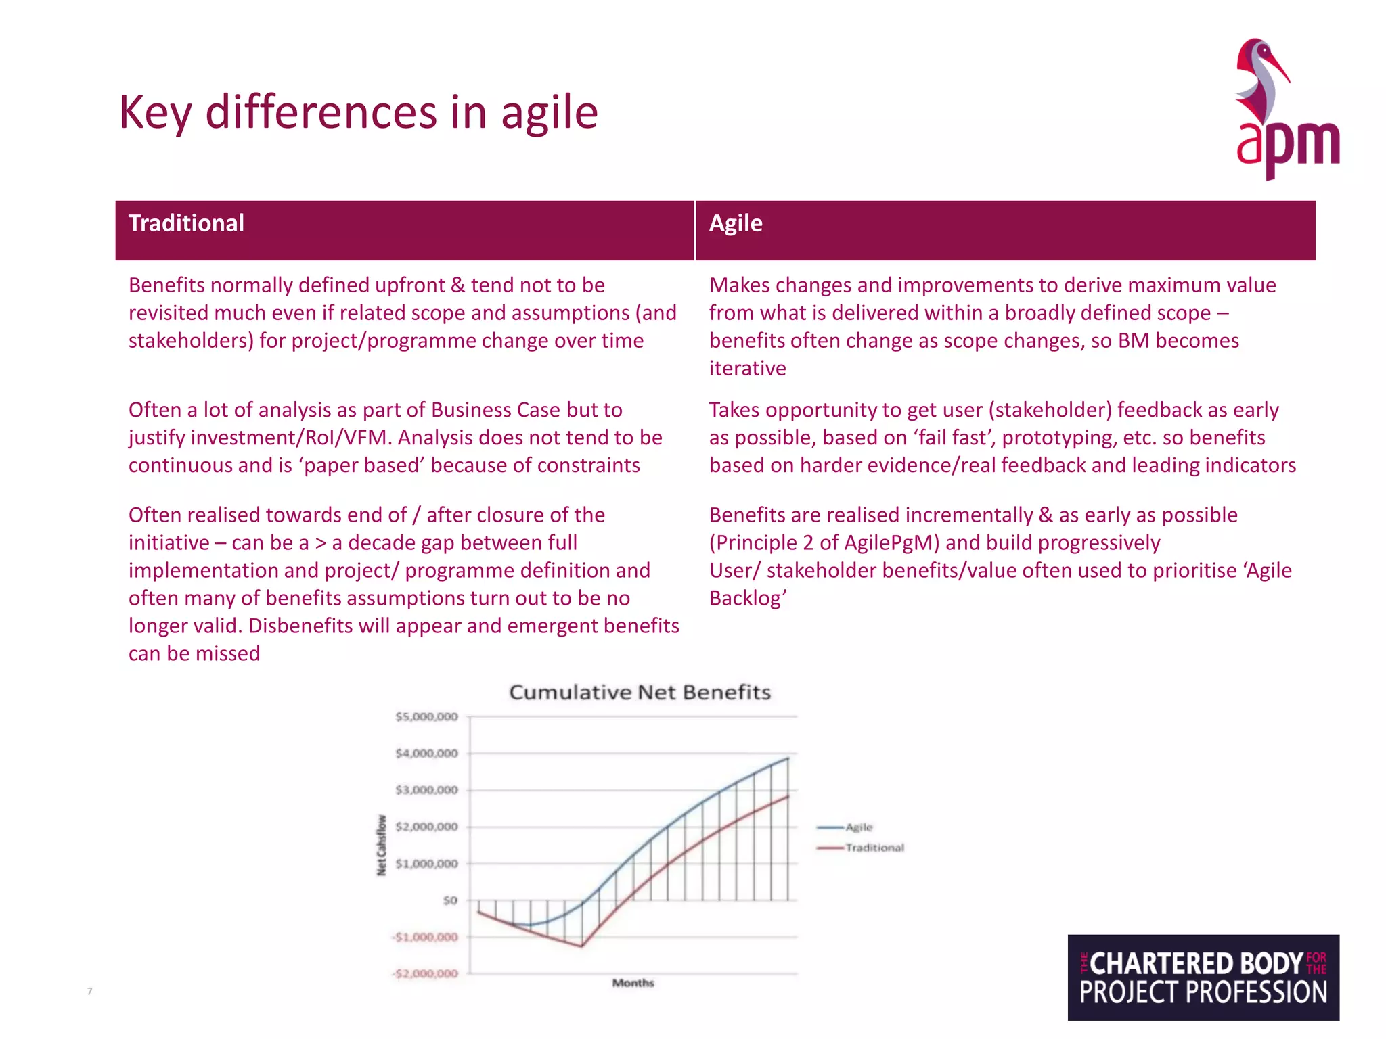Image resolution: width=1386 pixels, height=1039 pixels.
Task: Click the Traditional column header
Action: click(186, 224)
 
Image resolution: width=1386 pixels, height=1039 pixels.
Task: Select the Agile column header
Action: click(736, 224)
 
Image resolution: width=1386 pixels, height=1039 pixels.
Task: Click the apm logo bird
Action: click(1261, 81)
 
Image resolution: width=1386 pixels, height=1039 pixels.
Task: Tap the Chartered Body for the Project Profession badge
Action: click(1203, 977)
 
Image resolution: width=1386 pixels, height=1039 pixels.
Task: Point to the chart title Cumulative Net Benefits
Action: click(640, 693)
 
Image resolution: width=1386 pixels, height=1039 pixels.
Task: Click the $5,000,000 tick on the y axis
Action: click(427, 717)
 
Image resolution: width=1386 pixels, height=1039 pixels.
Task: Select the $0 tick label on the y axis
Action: click(450, 901)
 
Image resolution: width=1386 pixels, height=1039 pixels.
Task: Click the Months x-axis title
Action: click(633, 983)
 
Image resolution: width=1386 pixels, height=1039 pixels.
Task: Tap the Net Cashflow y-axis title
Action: click(382, 845)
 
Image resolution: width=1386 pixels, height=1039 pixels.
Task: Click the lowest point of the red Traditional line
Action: click(582, 946)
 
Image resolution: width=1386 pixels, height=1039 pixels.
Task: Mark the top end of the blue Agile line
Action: click(788, 758)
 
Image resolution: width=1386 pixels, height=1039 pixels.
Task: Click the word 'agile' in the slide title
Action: click(549, 113)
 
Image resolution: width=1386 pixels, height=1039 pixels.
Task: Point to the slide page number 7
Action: click(89, 992)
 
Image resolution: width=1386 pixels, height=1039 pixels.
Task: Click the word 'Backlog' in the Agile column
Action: click(745, 599)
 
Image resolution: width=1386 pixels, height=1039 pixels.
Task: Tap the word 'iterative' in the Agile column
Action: click(747, 369)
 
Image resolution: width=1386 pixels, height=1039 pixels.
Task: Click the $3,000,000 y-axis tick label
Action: click(427, 790)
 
